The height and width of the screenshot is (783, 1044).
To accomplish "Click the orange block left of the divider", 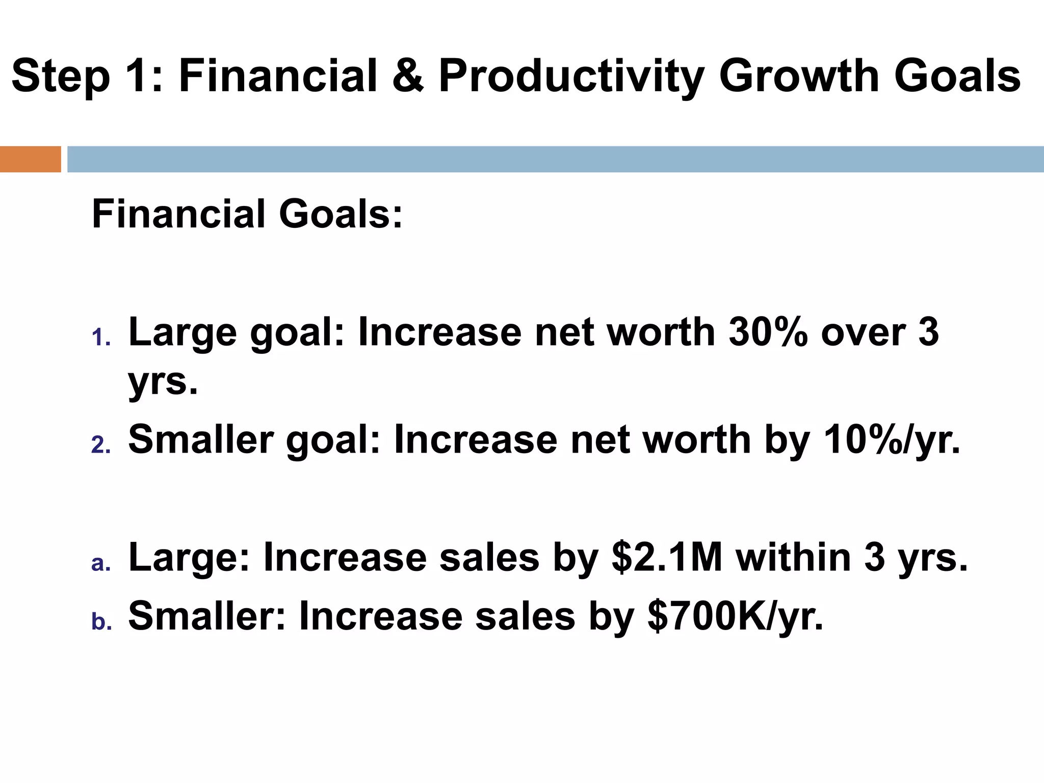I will click(x=30, y=159).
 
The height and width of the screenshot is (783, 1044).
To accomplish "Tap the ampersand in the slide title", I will click(x=408, y=76).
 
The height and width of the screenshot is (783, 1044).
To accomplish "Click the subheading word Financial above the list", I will click(x=178, y=214).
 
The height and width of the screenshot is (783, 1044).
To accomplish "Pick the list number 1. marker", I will click(x=101, y=338).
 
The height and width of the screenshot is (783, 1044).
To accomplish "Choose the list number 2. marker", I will click(x=101, y=446).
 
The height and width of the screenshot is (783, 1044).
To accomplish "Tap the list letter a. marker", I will click(x=101, y=563).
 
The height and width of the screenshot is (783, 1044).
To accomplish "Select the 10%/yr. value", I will click(x=892, y=440).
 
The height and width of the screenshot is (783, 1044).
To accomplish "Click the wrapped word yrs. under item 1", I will click(x=162, y=382).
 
